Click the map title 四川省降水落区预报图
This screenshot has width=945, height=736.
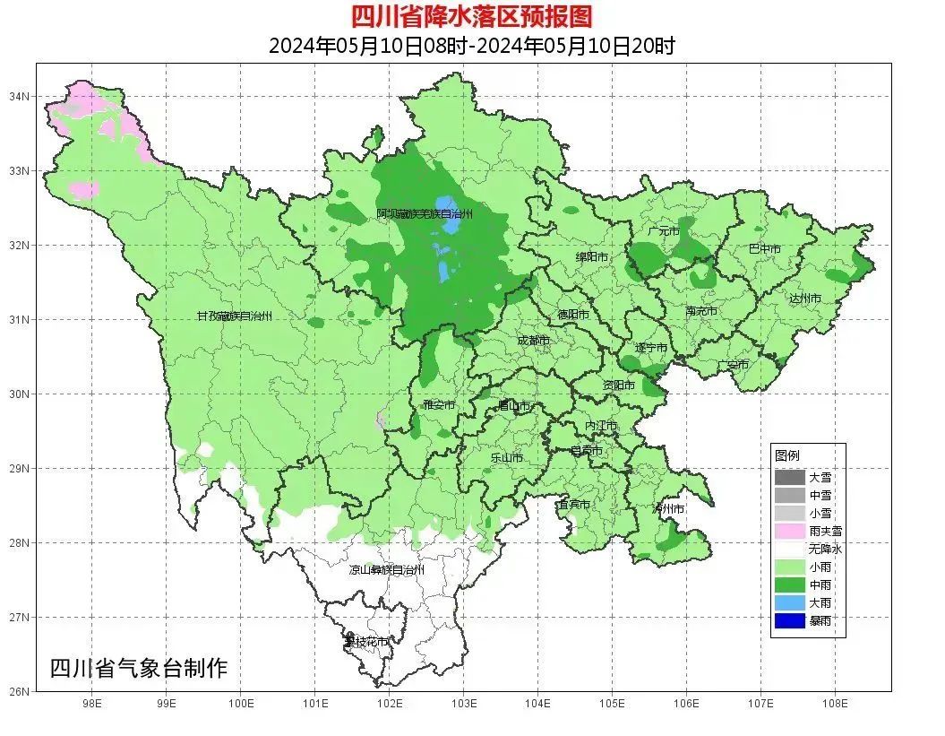pyautogui.click(x=471, y=16)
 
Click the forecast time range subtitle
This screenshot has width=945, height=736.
pyautogui.click(x=471, y=46)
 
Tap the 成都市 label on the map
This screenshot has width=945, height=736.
pyautogui.click(x=534, y=341)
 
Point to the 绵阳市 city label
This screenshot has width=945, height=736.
pyautogui.click(x=592, y=257)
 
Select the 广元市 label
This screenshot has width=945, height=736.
pyautogui.click(x=664, y=231)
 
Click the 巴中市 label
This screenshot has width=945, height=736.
pyautogui.click(x=764, y=249)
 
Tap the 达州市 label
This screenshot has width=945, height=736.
pyautogui.click(x=805, y=299)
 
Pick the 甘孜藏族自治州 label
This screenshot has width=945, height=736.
pyautogui.click(x=234, y=316)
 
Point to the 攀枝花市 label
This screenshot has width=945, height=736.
pyautogui.click(x=367, y=642)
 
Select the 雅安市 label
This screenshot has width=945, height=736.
pyautogui.click(x=439, y=405)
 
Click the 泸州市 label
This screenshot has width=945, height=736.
pyautogui.click(x=668, y=508)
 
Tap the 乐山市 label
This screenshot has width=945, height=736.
pyautogui.click(x=507, y=457)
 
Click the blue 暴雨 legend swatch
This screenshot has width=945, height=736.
pyautogui.click(x=789, y=620)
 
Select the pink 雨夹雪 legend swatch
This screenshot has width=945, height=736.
pyautogui.click(x=789, y=531)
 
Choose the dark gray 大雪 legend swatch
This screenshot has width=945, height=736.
pyautogui.click(x=789, y=477)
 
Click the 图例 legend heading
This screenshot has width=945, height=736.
pyautogui.click(x=787, y=455)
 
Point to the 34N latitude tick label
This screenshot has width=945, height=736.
pyautogui.click(x=20, y=96)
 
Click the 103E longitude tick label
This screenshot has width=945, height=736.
pyautogui.click(x=463, y=704)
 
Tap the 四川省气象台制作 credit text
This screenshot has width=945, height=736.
pyautogui.click(x=139, y=668)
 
